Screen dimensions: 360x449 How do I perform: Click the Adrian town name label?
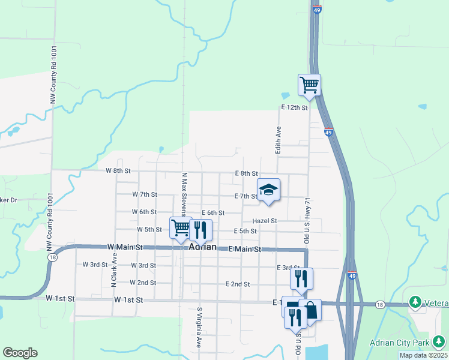(x=202, y=247)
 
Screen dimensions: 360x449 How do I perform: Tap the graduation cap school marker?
(x=268, y=190)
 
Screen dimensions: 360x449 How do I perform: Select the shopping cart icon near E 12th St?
(x=309, y=85)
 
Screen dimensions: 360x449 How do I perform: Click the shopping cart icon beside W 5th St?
(x=181, y=228)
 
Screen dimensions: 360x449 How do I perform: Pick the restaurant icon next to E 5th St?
(x=200, y=229)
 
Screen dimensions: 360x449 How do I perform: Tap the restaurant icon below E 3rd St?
(x=301, y=278)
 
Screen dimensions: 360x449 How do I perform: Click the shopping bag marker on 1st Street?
(x=311, y=311)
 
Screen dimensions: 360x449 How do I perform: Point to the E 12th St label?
(x=294, y=107)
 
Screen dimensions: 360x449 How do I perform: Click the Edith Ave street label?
(x=279, y=139)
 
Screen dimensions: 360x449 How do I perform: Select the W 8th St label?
(x=118, y=170)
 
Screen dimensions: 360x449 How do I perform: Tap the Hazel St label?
(x=264, y=221)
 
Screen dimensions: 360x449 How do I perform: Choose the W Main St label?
(x=125, y=247)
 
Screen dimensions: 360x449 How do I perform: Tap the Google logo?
(x=20, y=353)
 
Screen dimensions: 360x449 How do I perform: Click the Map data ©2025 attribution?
(x=423, y=355)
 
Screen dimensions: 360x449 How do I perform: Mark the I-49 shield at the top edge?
(x=318, y=9)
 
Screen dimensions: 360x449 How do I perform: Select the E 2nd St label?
(x=237, y=284)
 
